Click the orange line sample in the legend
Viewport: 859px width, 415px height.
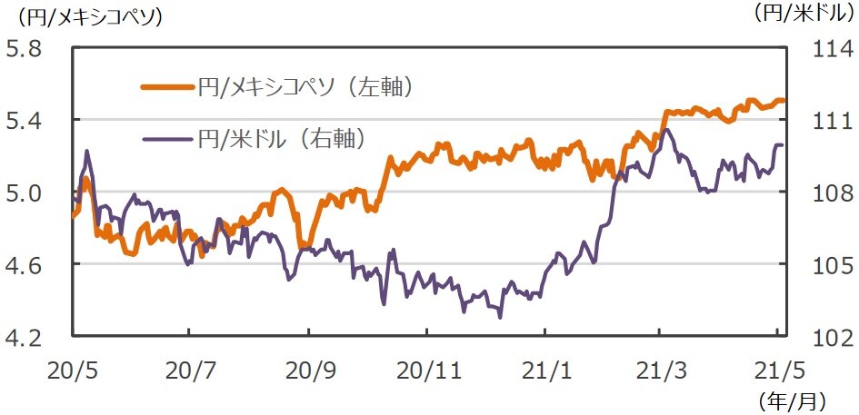(167, 88)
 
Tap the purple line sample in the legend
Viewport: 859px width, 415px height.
(167, 139)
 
